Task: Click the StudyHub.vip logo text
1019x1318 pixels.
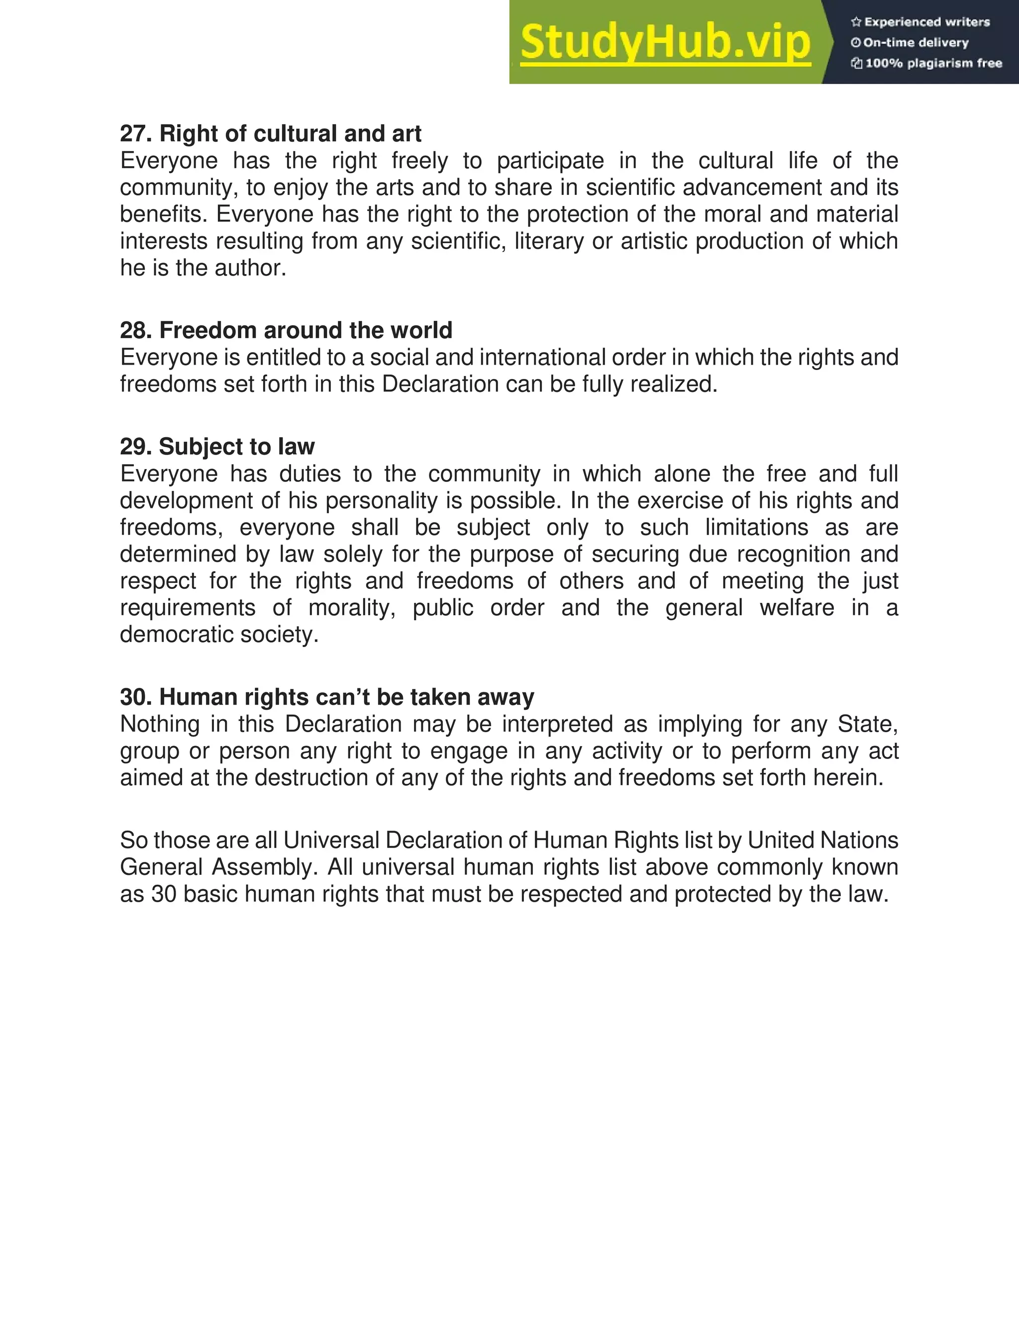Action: pos(665,42)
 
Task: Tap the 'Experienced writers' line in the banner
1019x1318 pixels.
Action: pos(926,22)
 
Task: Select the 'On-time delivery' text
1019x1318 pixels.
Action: pos(916,42)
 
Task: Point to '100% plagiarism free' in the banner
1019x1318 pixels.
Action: pos(933,63)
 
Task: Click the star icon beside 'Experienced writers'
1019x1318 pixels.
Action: pos(855,22)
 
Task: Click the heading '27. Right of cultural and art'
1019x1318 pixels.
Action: pos(271,133)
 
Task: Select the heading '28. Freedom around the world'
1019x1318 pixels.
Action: pos(286,330)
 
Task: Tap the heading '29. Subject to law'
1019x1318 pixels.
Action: pos(217,447)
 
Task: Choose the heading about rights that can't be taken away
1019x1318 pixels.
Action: pos(326,697)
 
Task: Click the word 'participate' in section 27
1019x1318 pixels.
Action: pos(550,161)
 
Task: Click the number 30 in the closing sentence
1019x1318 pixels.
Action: pos(164,894)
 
